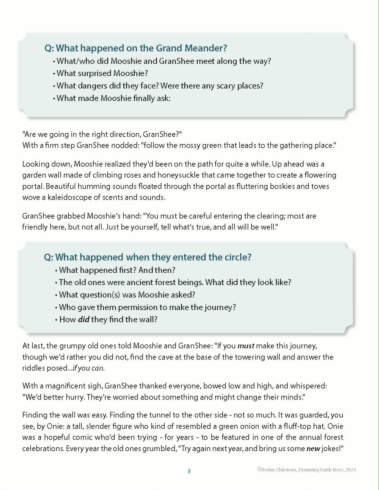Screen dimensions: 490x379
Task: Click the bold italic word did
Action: tap(84, 320)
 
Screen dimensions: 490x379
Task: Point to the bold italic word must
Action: tap(246, 346)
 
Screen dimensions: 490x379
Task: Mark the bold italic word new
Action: tap(313, 449)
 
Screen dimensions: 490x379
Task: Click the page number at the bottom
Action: tap(189, 471)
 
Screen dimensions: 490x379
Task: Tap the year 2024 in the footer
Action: tap(350, 470)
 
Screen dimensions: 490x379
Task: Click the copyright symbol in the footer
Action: tap(260, 469)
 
